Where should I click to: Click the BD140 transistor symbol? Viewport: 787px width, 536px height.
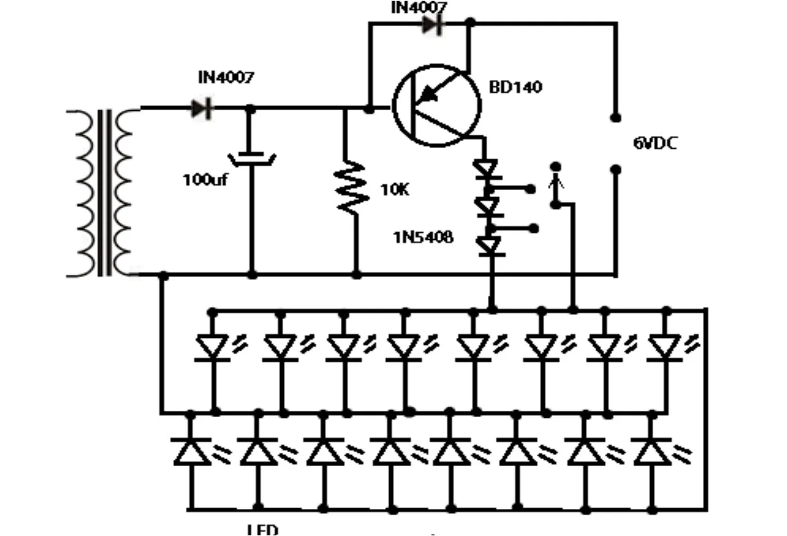click(436, 105)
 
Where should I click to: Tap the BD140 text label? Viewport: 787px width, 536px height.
click(515, 87)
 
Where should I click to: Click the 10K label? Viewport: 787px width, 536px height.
click(395, 190)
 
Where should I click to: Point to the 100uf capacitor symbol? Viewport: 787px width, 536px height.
click(251, 158)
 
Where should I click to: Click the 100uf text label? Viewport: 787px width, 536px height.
click(205, 180)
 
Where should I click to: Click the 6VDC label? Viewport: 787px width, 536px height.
click(655, 143)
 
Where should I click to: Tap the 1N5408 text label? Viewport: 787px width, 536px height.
click(423, 237)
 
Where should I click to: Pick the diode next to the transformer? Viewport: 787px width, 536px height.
click(202, 109)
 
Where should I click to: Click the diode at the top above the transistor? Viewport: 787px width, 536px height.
click(432, 25)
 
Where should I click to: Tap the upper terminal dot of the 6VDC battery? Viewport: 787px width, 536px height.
click(615, 118)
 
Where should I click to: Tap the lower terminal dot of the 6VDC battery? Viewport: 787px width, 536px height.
click(616, 170)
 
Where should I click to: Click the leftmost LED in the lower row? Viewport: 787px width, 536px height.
click(191, 452)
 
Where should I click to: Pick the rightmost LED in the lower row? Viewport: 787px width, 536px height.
click(651, 452)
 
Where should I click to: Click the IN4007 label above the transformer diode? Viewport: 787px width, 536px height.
click(226, 78)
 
